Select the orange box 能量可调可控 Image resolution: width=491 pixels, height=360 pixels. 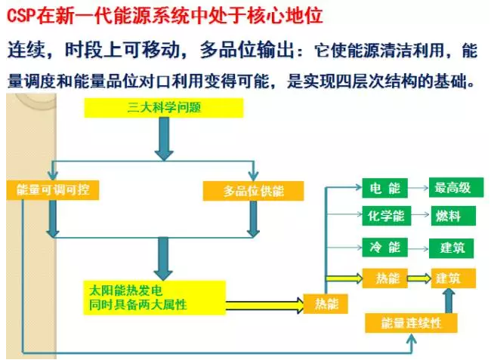pos(52,190)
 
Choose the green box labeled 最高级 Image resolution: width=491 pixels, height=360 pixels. pos(453,189)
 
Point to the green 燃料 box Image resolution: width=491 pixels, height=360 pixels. pos(453,217)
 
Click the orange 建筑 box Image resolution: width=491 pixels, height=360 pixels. pos(453,278)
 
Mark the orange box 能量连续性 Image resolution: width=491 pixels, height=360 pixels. pos(412,323)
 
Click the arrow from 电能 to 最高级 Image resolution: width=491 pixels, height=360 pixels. pos(418,189)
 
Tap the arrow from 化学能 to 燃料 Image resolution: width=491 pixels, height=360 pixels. pos(418,217)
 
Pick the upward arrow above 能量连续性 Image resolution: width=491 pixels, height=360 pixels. pos(448,300)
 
